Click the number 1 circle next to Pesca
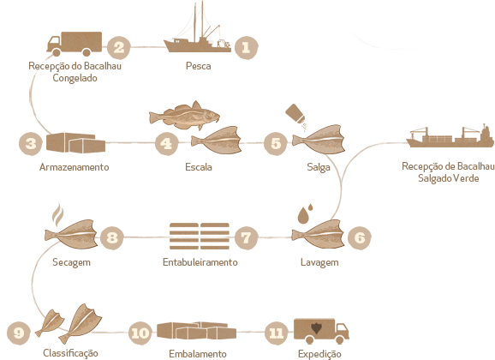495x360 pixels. point(247,48)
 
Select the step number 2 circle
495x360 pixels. point(118,48)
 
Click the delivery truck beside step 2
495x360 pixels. point(75,44)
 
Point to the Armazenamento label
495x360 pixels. point(75,167)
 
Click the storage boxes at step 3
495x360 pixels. point(75,143)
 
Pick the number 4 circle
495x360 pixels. point(166,144)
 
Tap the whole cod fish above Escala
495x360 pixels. point(185,116)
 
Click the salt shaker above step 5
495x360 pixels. point(295,114)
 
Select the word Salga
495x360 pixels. point(319,167)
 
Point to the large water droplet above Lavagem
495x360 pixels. point(303,215)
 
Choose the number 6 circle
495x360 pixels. point(359,237)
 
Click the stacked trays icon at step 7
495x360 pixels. point(200,236)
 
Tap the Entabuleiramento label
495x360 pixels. point(200,262)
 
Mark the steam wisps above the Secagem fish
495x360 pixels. point(57,215)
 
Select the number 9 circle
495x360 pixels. point(19,333)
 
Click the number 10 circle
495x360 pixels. point(140,333)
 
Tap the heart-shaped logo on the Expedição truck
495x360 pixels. point(316,328)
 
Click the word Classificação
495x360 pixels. point(70,353)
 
